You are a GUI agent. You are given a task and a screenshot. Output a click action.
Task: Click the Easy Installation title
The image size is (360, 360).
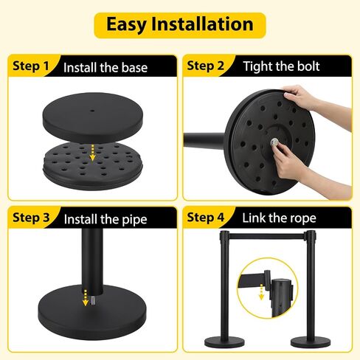coord(180,24)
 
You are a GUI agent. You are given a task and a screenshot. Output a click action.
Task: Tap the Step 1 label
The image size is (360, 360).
coord(31,66)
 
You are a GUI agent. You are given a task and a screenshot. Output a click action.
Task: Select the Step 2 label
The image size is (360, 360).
coord(206,66)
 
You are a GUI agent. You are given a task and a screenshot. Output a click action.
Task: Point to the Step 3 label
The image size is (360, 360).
coord(31,218)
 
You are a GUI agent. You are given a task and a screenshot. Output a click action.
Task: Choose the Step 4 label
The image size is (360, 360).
coord(206,218)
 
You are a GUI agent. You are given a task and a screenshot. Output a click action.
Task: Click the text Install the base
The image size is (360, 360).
coord(105,67)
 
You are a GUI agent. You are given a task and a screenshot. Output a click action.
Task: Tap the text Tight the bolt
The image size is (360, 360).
coord(281,66)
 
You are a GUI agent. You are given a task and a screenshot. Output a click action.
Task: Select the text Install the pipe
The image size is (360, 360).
coord(105,219)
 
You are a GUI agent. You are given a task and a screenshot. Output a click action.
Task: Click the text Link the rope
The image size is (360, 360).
coord(279,218)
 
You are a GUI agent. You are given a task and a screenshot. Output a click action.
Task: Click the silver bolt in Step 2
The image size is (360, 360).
coord(274,142)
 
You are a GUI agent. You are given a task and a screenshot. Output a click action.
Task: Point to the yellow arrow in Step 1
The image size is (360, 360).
coord(92,153)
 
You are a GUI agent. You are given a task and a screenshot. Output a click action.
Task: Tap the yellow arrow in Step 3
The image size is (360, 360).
coord(85,298)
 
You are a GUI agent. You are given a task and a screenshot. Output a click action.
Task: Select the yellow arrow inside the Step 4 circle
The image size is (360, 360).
coord(261,292)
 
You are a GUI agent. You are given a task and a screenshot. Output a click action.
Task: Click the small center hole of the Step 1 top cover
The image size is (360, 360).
coord(92,111)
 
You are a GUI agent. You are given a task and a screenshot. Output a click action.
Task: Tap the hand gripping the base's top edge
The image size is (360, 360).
coord(299,97)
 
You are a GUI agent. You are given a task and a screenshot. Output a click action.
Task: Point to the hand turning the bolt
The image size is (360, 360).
coord(286,161)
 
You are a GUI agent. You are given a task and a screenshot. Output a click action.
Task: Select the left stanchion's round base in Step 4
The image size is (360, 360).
coord(224,342)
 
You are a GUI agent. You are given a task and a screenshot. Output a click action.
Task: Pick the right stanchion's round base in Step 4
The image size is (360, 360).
coord(311,342)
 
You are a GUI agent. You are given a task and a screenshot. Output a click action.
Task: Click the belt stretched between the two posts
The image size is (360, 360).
coord(267,236)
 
